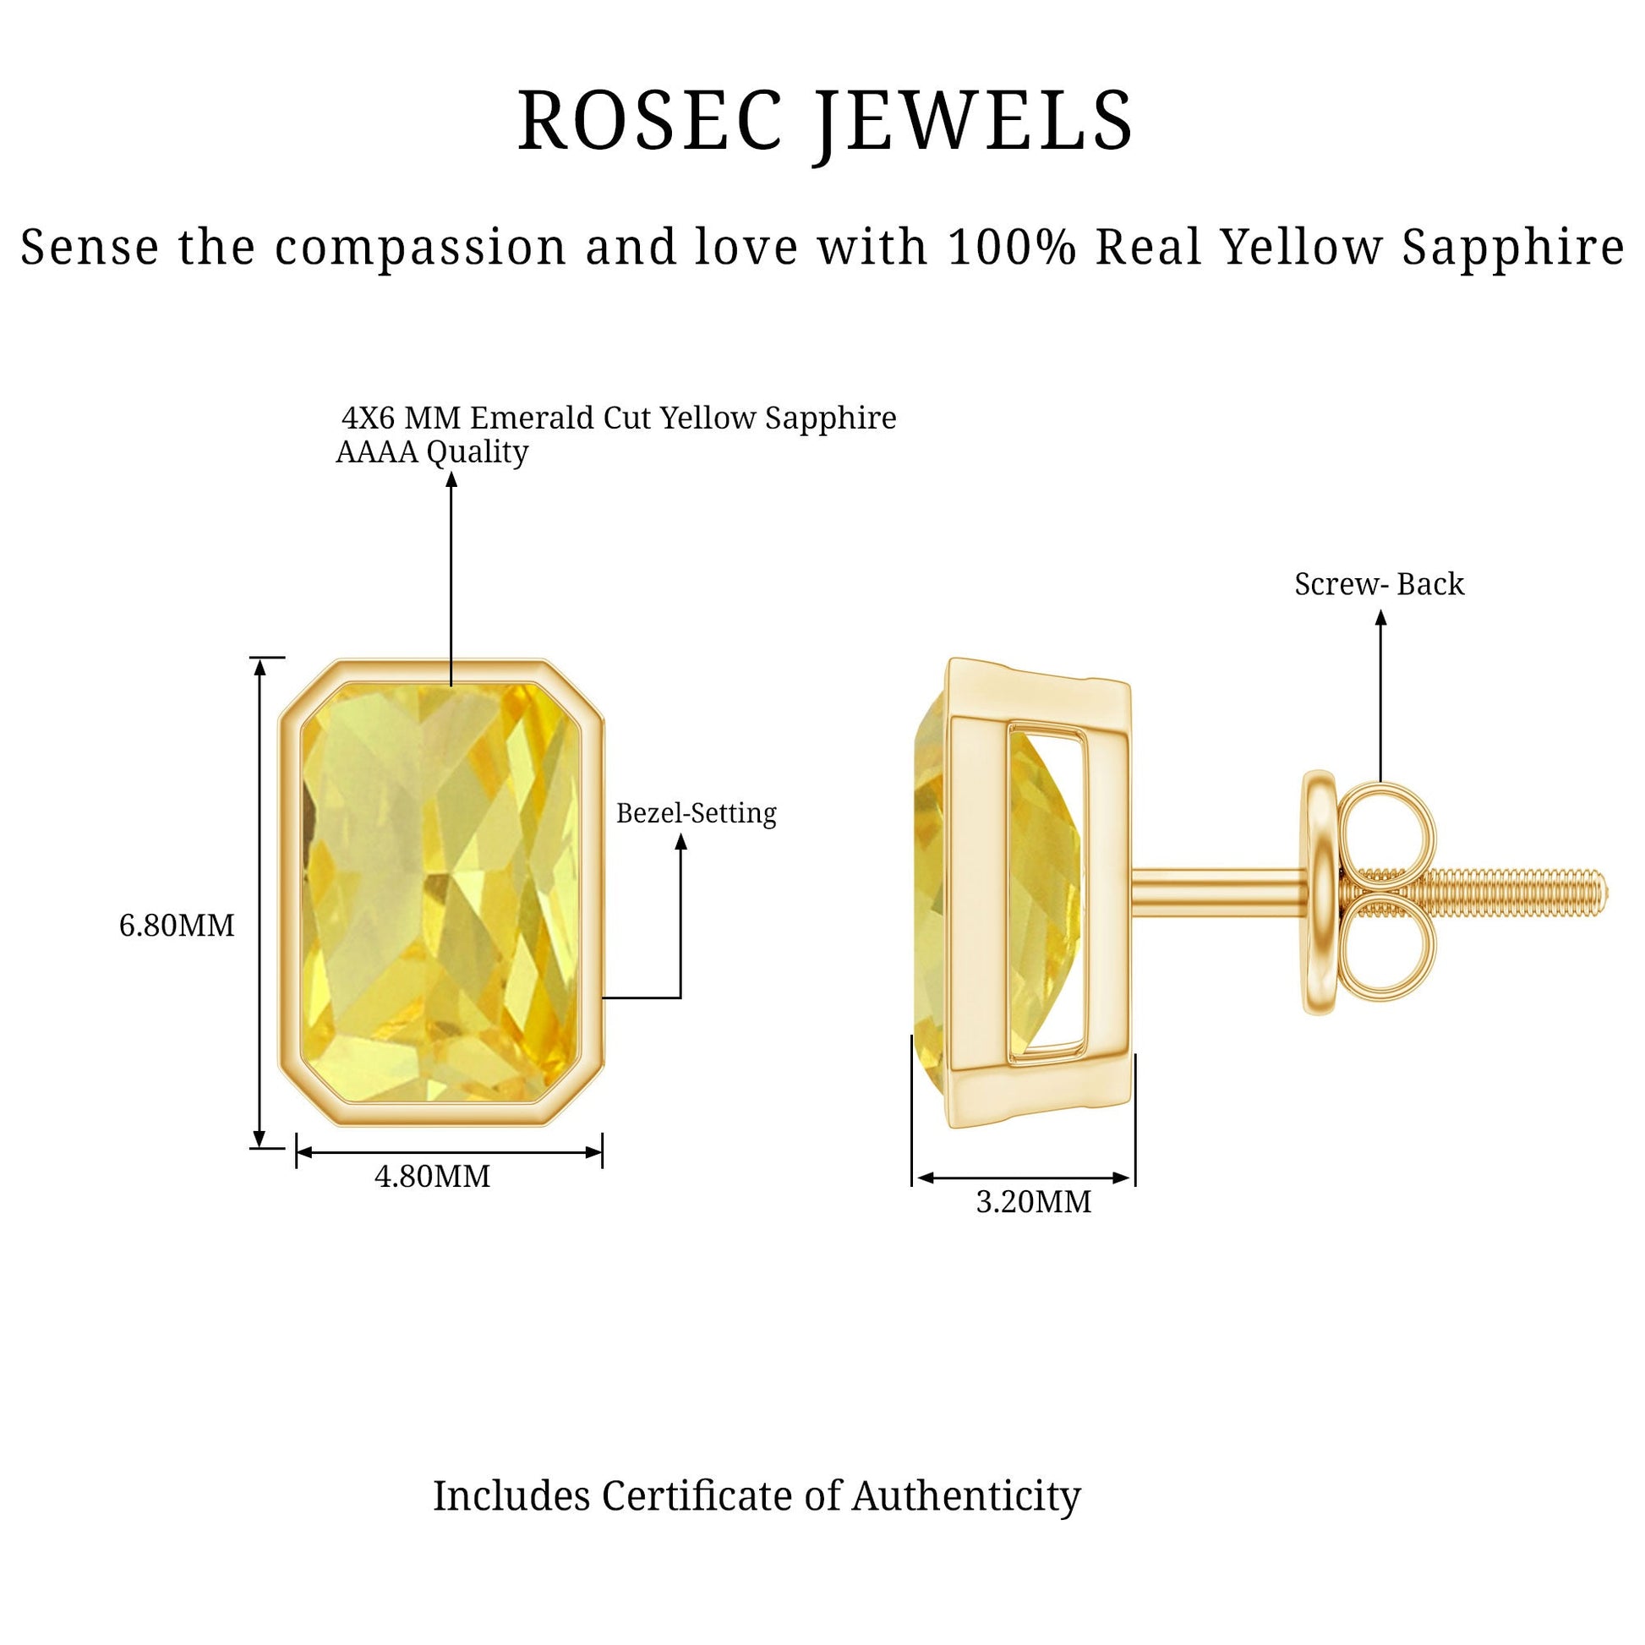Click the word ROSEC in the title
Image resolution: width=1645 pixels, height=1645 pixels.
[650, 120]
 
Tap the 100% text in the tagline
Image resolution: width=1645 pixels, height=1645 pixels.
[1013, 247]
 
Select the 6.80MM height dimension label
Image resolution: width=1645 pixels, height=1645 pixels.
[176, 926]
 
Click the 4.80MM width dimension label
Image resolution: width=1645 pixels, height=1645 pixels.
[433, 1177]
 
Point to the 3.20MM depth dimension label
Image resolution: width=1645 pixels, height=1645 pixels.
[1034, 1202]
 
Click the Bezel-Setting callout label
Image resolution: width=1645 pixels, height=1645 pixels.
[697, 814]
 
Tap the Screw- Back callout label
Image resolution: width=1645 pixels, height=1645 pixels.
[1380, 584]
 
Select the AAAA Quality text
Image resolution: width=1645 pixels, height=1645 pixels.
[433, 452]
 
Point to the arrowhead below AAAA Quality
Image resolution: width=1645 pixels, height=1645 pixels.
[451, 479]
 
